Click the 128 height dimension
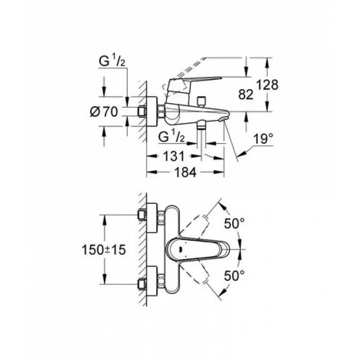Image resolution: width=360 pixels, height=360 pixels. [x=267, y=85]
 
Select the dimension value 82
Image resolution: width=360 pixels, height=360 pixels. [x=246, y=94]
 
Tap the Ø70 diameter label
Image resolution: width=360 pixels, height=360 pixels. [x=104, y=112]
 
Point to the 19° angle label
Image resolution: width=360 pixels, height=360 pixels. [x=263, y=139]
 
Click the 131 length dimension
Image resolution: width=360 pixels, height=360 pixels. [x=174, y=156]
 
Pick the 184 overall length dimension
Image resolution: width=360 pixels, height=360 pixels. [x=185, y=172]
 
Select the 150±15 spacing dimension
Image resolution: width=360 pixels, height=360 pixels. [x=104, y=250]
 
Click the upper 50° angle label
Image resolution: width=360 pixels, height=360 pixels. [x=234, y=223]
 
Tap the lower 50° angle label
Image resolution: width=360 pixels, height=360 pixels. [x=234, y=275]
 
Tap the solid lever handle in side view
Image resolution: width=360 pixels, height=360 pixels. [x=193, y=84]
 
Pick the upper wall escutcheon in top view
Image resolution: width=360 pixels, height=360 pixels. [x=152, y=218]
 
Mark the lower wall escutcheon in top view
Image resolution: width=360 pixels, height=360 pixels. [x=152, y=281]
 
